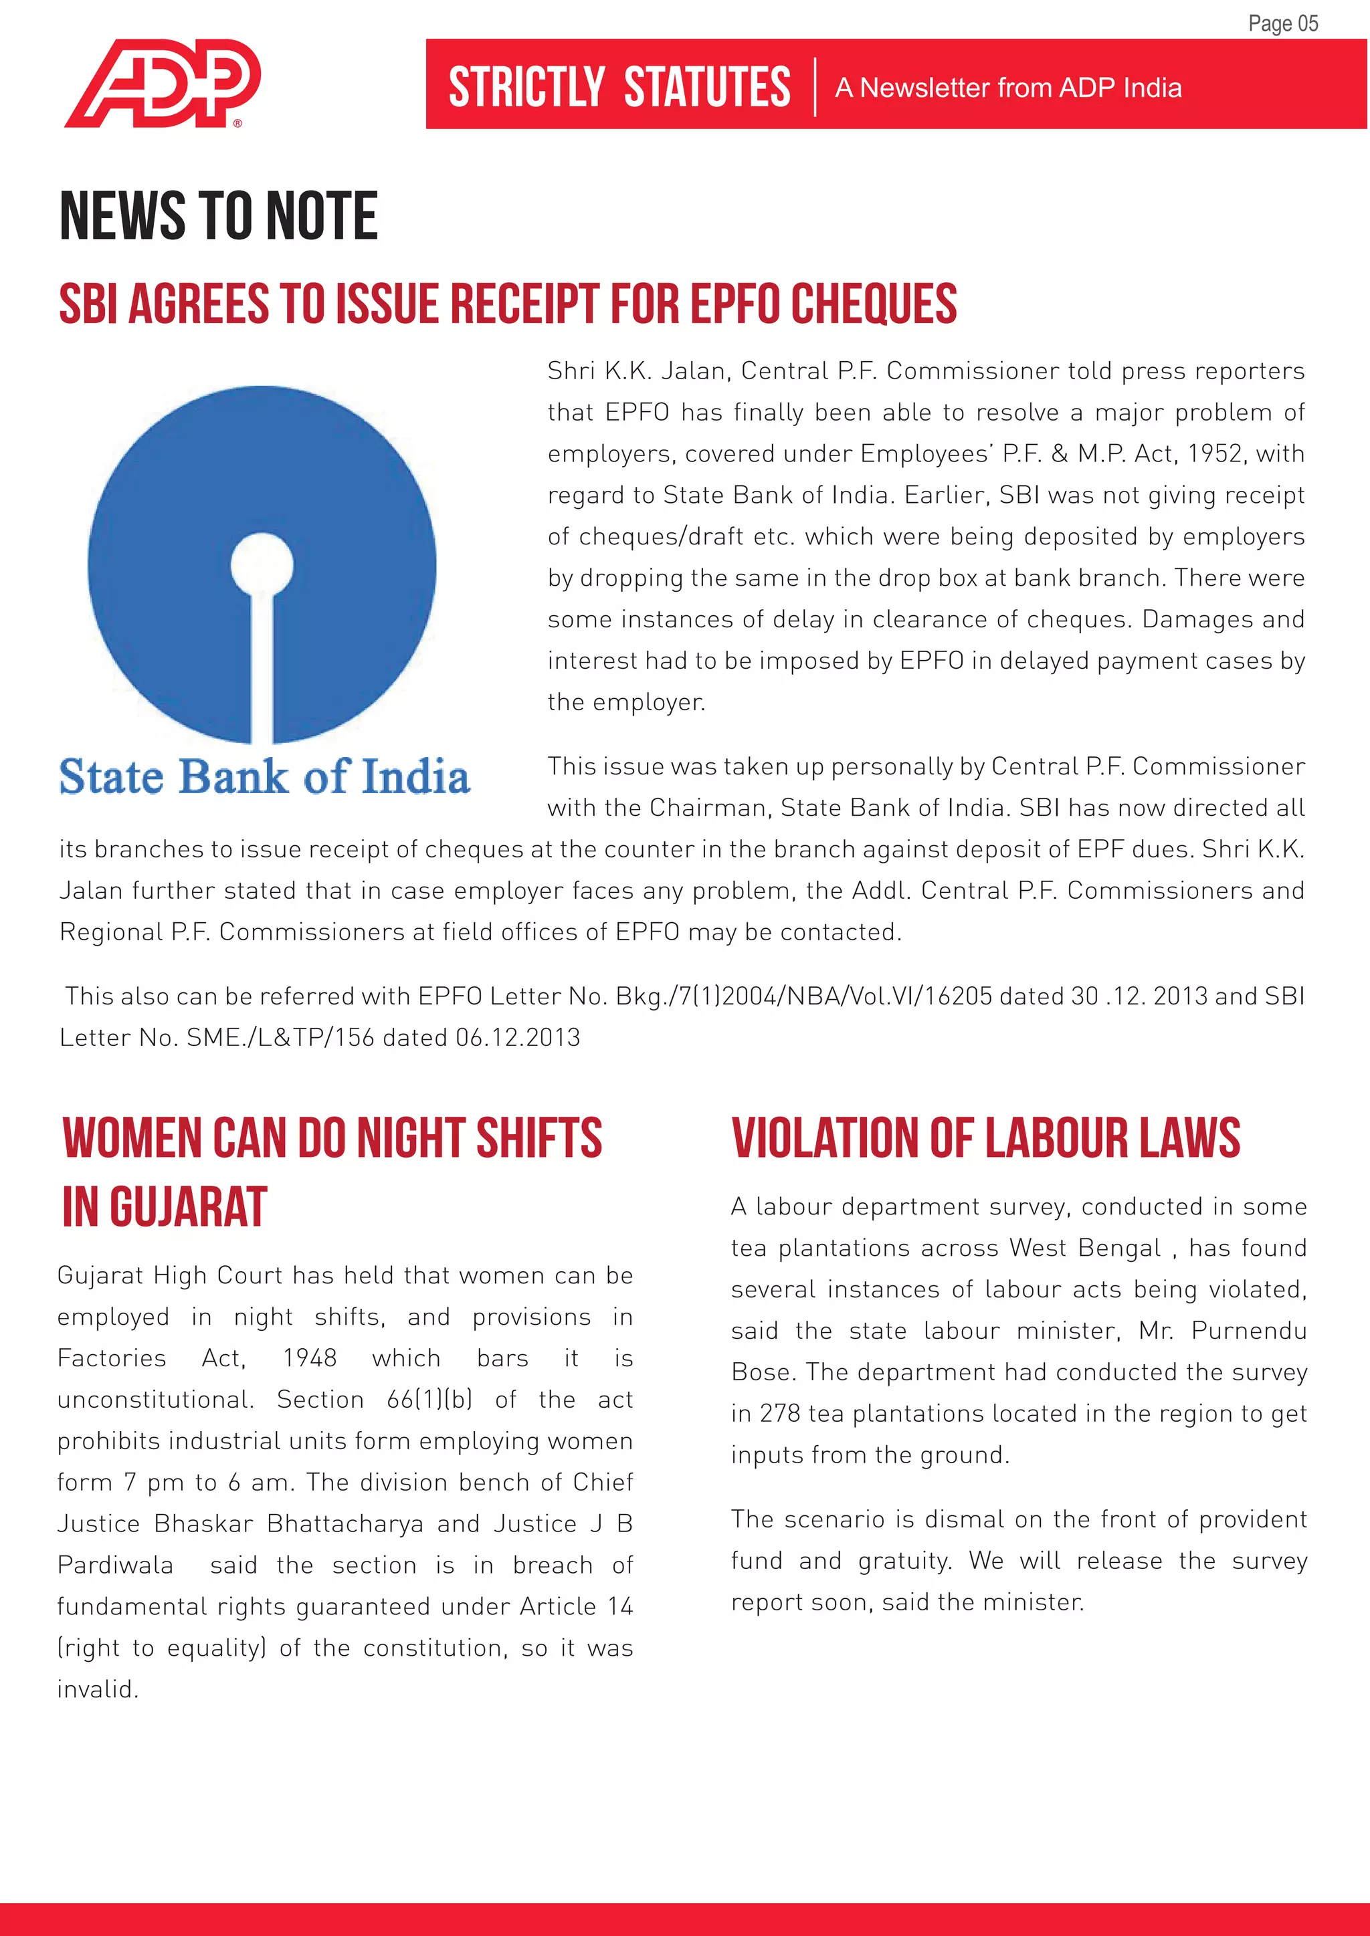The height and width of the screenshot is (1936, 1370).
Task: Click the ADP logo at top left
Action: click(163, 83)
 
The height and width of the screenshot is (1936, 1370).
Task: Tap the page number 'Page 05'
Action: click(1282, 23)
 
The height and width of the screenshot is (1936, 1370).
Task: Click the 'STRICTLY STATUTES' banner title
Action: click(619, 87)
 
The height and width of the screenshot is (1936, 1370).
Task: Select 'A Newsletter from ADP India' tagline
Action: click(1008, 88)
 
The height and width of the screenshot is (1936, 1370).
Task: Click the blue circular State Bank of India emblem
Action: click(262, 563)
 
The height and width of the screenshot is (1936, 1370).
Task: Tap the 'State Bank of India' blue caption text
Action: click(264, 776)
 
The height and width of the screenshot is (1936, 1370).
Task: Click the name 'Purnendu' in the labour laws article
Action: click(1248, 1331)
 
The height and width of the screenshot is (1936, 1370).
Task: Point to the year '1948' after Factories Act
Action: click(310, 1358)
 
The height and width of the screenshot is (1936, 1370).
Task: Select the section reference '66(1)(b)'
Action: click(429, 1399)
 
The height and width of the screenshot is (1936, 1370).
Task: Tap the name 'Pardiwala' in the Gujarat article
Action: click(116, 1565)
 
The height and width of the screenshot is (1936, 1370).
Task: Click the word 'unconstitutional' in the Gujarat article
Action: click(155, 1399)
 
